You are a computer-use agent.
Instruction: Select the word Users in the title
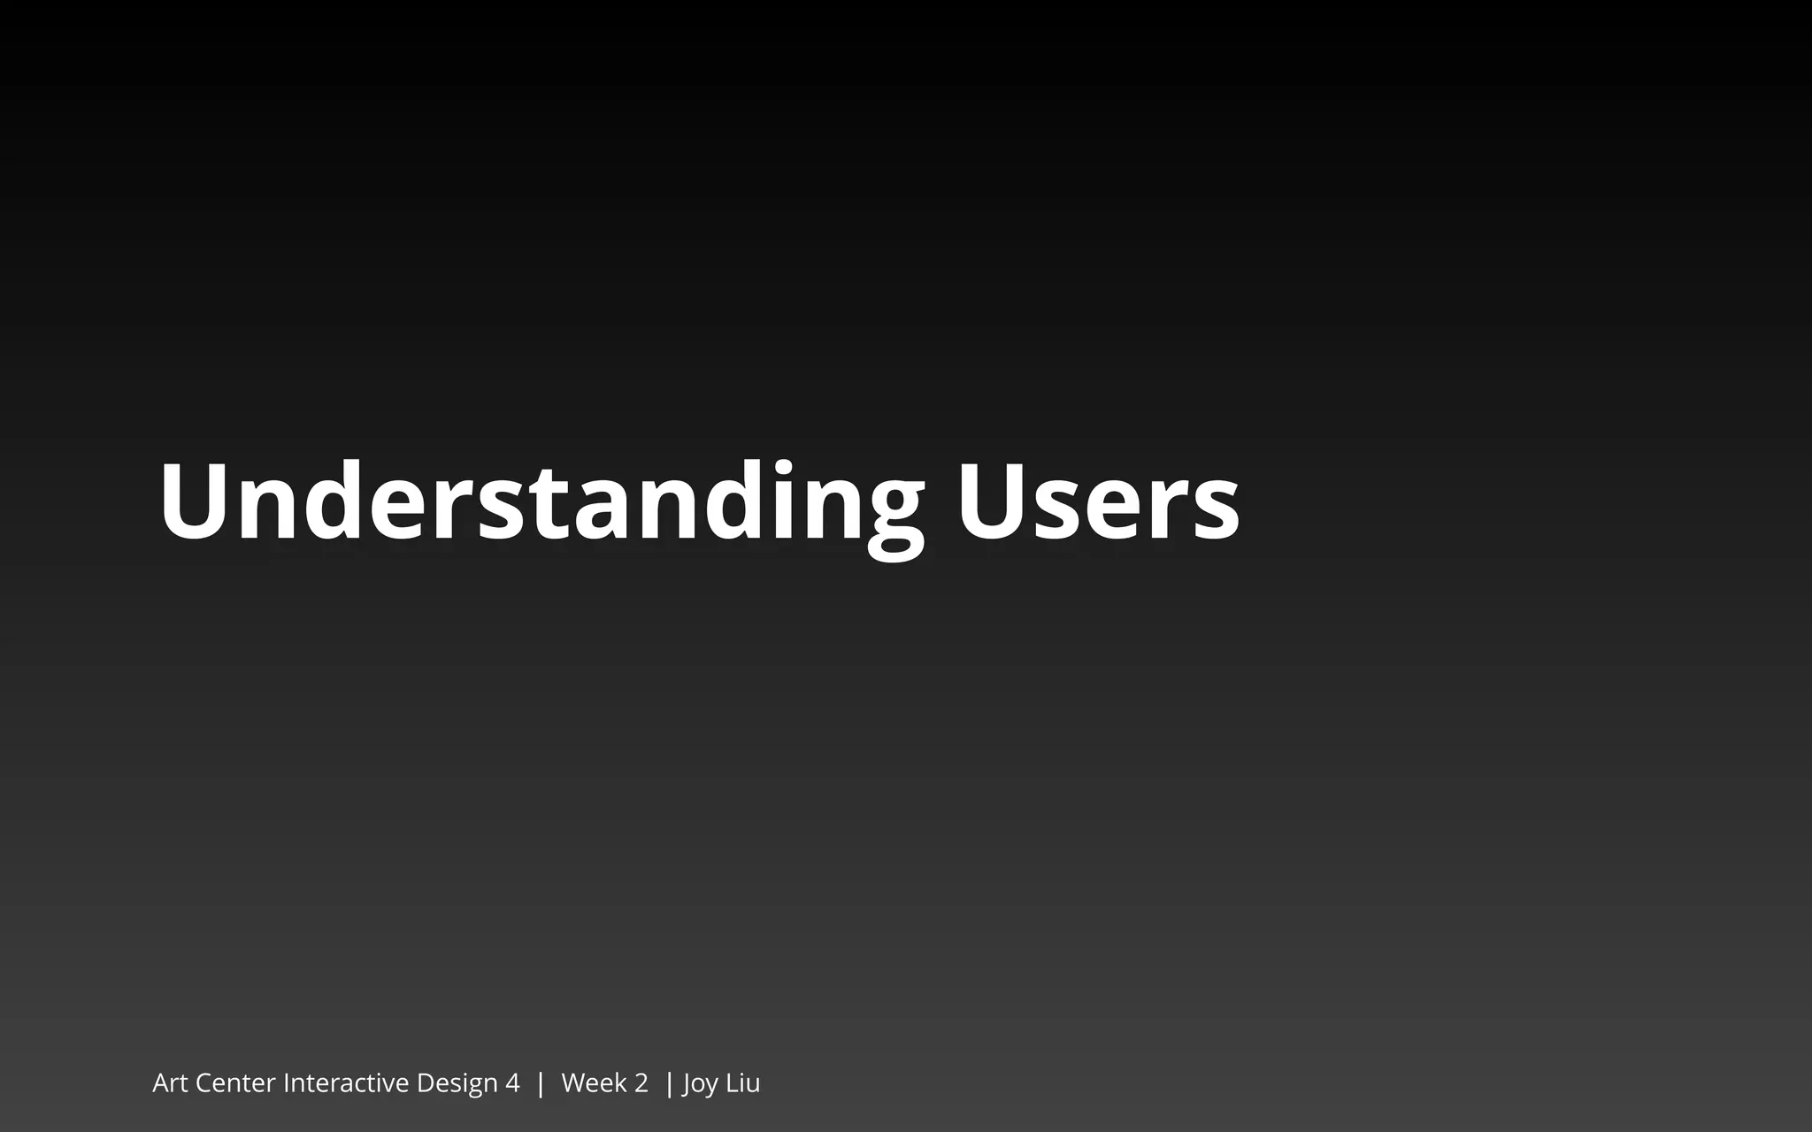pos(1097,502)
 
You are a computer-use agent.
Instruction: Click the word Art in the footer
pos(170,1083)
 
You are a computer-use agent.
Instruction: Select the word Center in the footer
pos(235,1083)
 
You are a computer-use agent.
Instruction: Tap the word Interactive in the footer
pos(346,1083)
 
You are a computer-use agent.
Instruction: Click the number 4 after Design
pos(512,1083)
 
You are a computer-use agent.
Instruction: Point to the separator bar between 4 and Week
pos(541,1083)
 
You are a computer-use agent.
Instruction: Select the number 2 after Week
pos(641,1083)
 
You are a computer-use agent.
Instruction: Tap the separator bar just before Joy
pos(669,1083)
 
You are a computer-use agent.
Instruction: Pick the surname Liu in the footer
pos(742,1083)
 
